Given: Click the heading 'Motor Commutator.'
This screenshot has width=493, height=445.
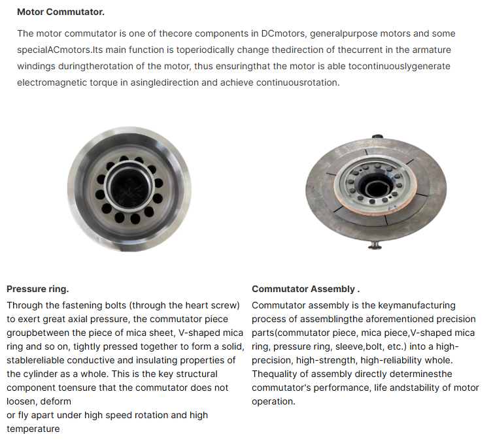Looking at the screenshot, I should coord(60,12).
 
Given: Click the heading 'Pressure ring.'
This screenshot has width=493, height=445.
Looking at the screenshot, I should coord(37,289).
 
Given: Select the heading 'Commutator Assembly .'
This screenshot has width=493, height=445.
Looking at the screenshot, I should coord(305,289).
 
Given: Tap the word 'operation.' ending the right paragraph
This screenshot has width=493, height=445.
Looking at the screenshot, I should coord(273,401).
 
